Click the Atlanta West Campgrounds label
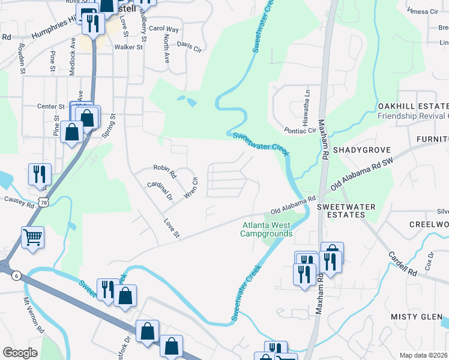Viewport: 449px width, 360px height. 267,230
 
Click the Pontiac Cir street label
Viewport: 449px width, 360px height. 300,130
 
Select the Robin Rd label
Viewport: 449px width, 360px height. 164,172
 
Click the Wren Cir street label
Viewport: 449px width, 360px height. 191,188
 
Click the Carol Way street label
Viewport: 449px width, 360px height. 164,29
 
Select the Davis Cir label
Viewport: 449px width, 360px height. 188,47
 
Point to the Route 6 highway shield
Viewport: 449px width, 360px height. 15,274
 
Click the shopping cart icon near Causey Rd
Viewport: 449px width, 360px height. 32,236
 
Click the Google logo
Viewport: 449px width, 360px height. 20,353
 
